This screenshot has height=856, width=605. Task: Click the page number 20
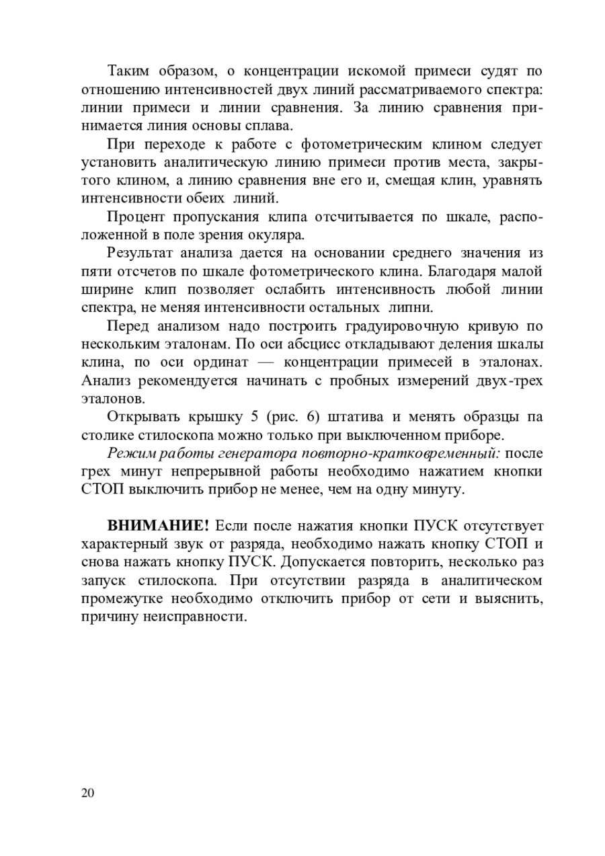pos(88,793)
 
